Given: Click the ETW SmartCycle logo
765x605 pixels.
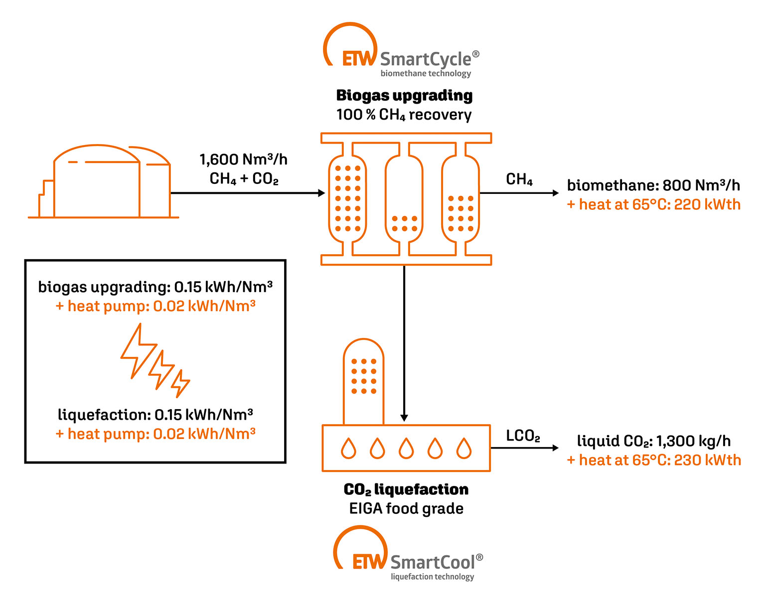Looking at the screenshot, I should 401,52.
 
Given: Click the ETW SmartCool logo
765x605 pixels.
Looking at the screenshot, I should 408,554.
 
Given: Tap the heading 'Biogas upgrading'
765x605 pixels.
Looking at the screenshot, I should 404,95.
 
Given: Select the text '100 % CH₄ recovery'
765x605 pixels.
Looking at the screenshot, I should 404,115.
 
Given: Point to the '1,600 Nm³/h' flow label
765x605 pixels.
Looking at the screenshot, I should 243,159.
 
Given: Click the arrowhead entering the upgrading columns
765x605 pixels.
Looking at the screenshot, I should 321,193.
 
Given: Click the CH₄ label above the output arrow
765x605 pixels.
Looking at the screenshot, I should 519,179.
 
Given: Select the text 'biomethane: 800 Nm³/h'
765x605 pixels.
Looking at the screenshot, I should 653,185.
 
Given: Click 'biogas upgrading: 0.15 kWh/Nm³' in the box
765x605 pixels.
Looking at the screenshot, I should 155,287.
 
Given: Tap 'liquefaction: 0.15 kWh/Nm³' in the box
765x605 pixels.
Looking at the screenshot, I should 155,415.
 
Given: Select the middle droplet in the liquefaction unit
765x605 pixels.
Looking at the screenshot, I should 406,448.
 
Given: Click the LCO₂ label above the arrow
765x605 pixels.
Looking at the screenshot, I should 523,436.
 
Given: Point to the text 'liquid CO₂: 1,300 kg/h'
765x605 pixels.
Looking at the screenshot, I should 653,441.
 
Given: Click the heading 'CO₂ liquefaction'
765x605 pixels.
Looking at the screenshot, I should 406,489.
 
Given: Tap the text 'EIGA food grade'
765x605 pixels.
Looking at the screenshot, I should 406,509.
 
